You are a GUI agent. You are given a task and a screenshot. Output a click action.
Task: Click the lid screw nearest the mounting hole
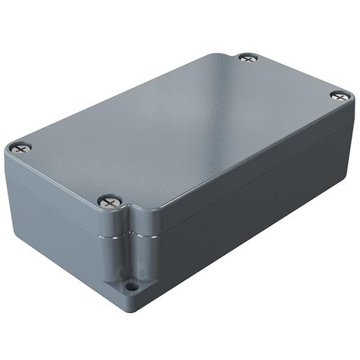coord(108,202)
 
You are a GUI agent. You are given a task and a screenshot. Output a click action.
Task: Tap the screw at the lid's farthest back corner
coord(247,58)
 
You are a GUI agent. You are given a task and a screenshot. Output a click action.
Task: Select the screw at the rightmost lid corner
coord(340,96)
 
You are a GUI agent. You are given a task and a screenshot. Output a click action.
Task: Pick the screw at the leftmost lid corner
coord(20,148)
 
